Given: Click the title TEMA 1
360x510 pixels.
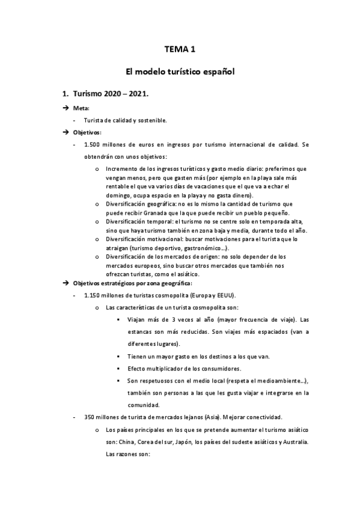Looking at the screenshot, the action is coord(180,49).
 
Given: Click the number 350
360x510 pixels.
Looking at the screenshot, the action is coord(91,417).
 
